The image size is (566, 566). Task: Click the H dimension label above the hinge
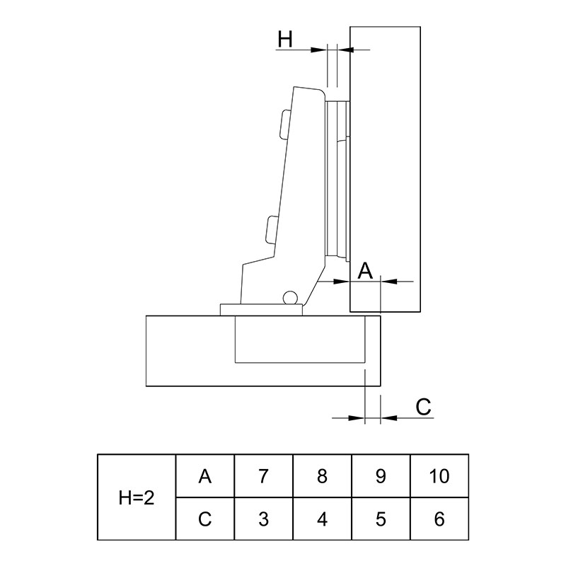click(285, 40)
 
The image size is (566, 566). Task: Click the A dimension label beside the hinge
click(365, 271)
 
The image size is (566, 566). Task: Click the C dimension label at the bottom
click(423, 408)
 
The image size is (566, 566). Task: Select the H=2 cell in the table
click(137, 498)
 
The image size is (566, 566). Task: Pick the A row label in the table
click(204, 476)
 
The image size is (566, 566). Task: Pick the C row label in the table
click(204, 519)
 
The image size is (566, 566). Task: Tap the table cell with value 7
click(263, 476)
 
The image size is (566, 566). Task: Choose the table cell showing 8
click(322, 476)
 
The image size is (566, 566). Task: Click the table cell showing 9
click(381, 476)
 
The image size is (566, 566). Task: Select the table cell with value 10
click(439, 476)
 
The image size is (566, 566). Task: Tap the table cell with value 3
click(263, 519)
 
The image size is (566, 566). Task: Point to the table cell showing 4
click(322, 519)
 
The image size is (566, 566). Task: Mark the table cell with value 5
click(381, 519)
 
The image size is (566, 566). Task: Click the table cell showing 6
click(439, 519)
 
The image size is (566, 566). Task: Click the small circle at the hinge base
click(290, 297)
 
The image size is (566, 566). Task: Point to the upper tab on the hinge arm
click(284, 123)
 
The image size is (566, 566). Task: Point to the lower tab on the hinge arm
click(272, 229)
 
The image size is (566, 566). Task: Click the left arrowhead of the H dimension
click(319, 50)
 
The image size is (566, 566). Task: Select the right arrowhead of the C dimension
click(388, 418)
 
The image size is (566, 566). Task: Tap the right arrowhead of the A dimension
click(388, 281)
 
